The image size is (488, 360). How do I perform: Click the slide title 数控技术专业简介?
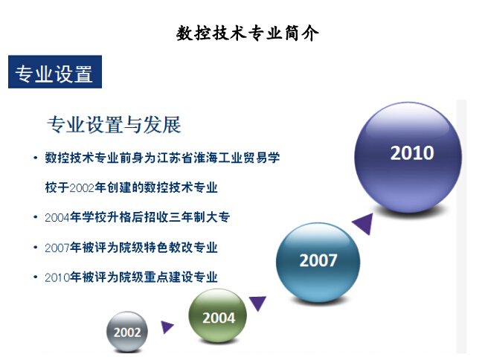[x=248, y=33]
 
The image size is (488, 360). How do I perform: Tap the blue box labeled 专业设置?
[x=55, y=72]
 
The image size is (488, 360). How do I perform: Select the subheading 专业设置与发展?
[x=114, y=125]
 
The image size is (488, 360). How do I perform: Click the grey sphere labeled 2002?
[x=127, y=332]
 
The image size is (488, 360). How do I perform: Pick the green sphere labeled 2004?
[x=218, y=316]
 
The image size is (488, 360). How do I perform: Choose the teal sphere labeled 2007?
[x=318, y=262]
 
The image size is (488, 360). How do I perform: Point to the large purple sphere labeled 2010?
[x=408, y=158]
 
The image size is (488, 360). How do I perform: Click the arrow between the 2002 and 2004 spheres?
[x=167, y=327]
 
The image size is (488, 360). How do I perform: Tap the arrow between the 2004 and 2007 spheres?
[x=257, y=303]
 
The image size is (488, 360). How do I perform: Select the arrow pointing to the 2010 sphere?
[x=365, y=223]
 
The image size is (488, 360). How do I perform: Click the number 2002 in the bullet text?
[x=82, y=188]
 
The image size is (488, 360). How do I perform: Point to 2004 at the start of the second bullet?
[x=57, y=217]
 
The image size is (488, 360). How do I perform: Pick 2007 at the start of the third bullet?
[x=57, y=248]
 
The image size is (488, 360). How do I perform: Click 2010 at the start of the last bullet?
[x=57, y=277]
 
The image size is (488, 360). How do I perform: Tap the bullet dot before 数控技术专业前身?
[x=35, y=158]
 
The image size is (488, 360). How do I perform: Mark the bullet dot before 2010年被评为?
[x=35, y=277]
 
